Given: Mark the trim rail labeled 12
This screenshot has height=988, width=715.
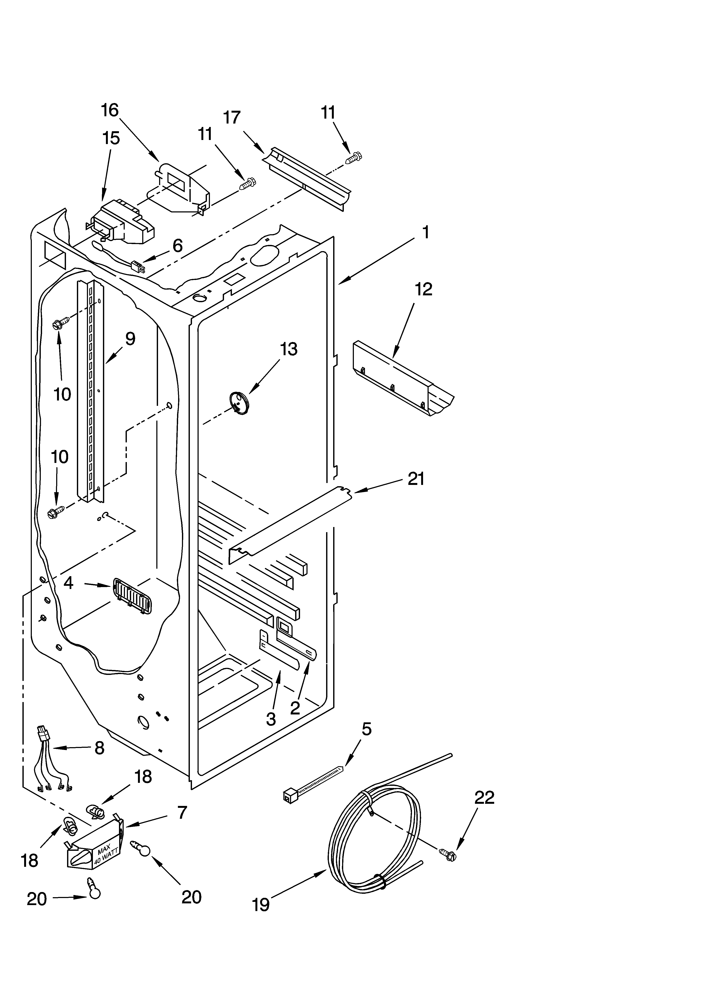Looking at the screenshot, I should click(x=401, y=379).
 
